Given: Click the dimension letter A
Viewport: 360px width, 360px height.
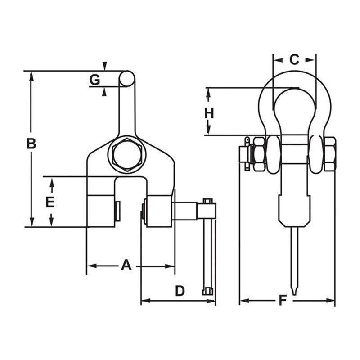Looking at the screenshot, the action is coord(126,265).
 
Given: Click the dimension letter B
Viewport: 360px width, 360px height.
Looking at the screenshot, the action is coord(31,144).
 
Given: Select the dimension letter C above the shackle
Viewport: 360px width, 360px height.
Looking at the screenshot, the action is coord(294,59).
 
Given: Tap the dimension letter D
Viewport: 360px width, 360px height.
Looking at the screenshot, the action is coord(180,291).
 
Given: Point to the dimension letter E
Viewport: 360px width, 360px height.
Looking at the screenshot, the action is coord(50,202).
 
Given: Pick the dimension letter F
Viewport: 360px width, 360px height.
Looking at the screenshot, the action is coord(283,300).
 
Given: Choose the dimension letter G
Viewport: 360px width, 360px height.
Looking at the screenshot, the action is coord(94,80).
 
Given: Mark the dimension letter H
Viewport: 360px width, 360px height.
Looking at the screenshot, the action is coord(209,113).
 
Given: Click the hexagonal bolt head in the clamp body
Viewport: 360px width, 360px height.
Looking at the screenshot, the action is coord(127,154).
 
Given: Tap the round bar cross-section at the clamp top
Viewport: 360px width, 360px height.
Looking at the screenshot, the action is coord(127,78).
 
